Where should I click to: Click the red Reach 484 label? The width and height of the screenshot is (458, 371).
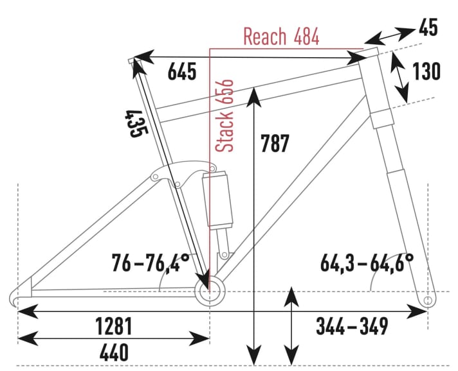tap(281, 37)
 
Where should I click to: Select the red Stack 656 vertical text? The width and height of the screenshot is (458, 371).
tap(225, 116)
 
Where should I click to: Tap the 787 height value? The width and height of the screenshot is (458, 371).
tap(275, 143)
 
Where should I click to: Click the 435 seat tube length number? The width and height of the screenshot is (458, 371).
tap(136, 123)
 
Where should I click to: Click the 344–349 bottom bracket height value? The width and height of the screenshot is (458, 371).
tap(351, 326)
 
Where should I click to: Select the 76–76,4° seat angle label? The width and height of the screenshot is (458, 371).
tap(151, 263)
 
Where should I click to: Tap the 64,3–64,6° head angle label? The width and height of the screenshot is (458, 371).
tap(367, 263)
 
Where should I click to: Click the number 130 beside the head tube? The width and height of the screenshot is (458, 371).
tap(426, 72)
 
